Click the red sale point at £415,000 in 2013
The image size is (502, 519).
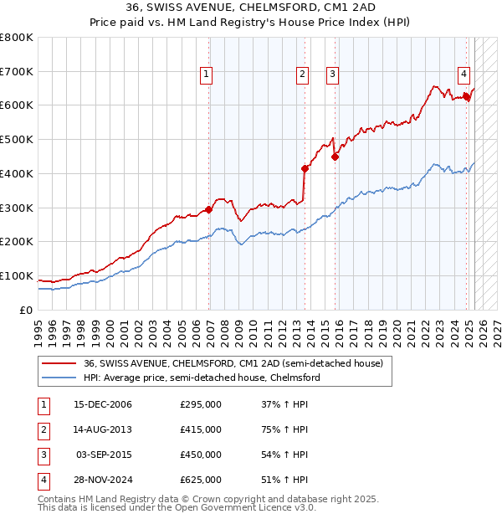(305, 168)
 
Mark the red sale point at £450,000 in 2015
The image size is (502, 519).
(335, 156)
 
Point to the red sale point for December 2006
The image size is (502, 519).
(208, 209)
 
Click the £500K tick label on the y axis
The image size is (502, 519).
(17, 139)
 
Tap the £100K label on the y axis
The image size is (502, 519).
(17, 275)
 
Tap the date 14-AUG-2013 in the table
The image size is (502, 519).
(102, 429)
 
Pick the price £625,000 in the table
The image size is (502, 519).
(201, 480)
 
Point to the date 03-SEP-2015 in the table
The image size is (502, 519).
(104, 455)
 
